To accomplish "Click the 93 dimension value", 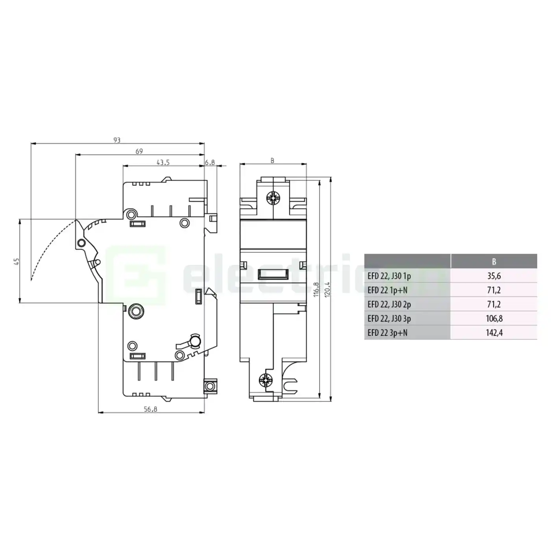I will click(117, 140).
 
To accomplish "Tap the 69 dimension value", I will click(139, 151).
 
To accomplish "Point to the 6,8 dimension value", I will click(210, 162).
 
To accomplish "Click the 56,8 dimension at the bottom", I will click(150, 409).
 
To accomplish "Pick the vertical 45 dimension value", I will click(16, 261).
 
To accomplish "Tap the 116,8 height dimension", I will click(316, 289).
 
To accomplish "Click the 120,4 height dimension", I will click(327, 289).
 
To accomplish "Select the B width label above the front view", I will click(272, 161).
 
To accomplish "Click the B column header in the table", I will click(494, 261).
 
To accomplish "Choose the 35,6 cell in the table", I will click(494, 276).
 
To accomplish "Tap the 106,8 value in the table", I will click(494, 318).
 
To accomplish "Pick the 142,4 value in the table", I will click(494, 333).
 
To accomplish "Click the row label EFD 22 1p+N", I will click(387, 290).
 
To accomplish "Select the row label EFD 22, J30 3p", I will click(389, 318).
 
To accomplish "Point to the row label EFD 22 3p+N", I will click(387, 333).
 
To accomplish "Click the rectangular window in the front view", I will click(274, 274).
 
